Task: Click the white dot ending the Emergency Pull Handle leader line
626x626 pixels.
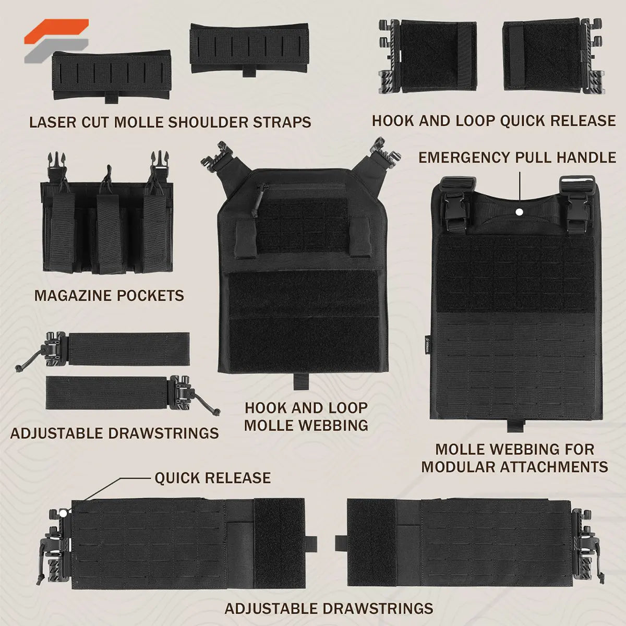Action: pyautogui.click(x=520, y=212)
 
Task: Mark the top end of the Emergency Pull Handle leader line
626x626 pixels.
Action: pyautogui.click(x=520, y=173)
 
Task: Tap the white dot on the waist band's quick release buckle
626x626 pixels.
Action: pyautogui.click(x=63, y=513)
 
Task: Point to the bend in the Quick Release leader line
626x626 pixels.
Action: pyautogui.click(x=121, y=478)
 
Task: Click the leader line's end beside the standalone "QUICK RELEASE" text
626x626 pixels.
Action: pyautogui.click(x=150, y=478)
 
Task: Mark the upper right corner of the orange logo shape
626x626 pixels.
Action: pyautogui.click(x=88, y=19)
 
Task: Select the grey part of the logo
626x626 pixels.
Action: pyautogui.click(x=56, y=51)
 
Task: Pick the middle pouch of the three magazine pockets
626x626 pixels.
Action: pyautogui.click(x=109, y=234)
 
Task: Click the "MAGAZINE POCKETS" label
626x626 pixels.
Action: pyautogui.click(x=109, y=296)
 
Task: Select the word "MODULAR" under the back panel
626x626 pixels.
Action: pyautogui.click(x=458, y=467)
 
